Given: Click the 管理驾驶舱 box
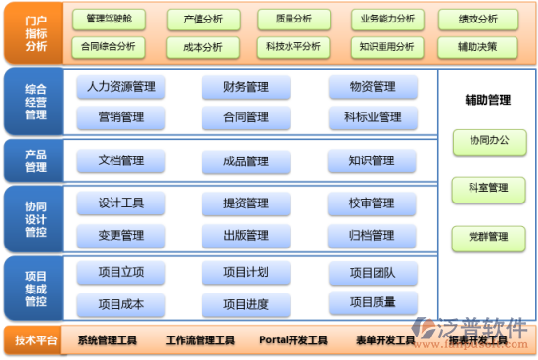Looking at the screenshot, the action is tap(109, 19).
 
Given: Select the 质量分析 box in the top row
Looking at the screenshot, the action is tap(293, 19).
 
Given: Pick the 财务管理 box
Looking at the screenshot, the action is tap(246, 87).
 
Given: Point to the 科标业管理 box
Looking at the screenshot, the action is tap(372, 117).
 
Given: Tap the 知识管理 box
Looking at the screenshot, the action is tap(372, 160).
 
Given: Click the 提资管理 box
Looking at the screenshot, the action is tap(246, 203).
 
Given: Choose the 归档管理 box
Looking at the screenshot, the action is tap(372, 235).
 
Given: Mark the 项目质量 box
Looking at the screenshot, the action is tap(372, 302).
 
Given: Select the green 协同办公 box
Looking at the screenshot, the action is tap(486, 141).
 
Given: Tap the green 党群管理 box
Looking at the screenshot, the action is tap(486, 237).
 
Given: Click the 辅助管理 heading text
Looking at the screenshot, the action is tap(487, 100).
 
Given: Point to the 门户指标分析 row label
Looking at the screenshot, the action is tap(35, 31).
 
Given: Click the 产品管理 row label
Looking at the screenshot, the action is tap(35, 160).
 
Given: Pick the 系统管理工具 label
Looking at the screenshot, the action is tap(107, 340).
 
